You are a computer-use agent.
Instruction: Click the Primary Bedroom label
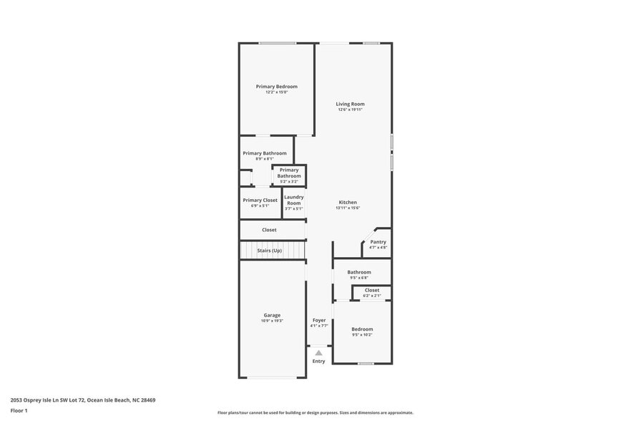pos(276,87)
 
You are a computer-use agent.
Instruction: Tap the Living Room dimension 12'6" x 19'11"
pos(351,110)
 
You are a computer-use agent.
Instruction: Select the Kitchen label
pos(348,203)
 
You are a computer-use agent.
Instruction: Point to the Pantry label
pos(378,242)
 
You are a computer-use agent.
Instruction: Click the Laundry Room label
pos(294,200)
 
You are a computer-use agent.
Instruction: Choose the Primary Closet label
pos(260,200)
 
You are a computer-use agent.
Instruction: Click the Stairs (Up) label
pos(270,251)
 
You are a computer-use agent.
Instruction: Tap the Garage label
pos(272,315)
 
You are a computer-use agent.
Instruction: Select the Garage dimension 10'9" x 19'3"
pos(272,321)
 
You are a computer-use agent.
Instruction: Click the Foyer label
pos(319,320)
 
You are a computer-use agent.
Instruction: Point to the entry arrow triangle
pos(319,352)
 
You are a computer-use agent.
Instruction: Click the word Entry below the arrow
pos(319,361)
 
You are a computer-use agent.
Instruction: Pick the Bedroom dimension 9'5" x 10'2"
pos(362,334)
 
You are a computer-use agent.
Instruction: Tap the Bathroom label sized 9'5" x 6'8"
pos(359,272)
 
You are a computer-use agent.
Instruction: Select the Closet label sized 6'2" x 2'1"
pos(372,290)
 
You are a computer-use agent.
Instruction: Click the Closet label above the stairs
pos(269,230)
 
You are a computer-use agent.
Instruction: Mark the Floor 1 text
pos(19,411)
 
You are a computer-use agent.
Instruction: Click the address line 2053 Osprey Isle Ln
pos(83,400)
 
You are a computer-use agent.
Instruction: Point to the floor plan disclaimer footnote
pos(315,413)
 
